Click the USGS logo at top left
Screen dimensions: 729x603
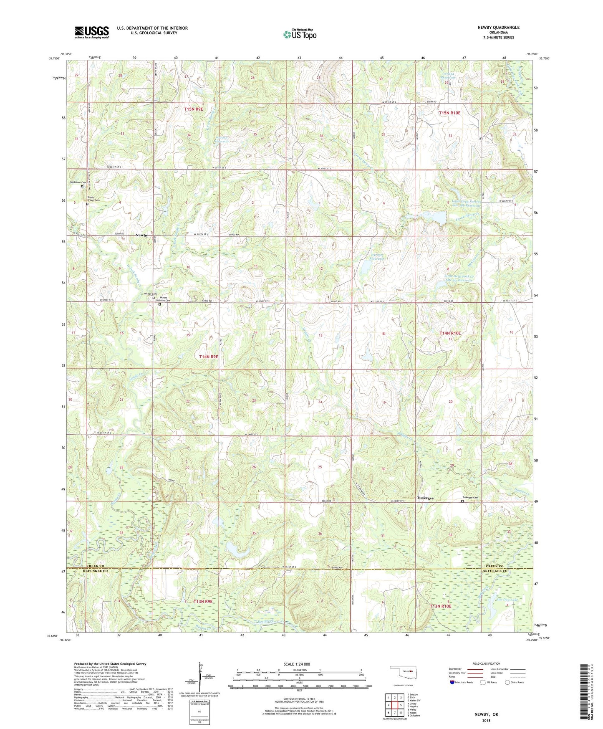click(x=92, y=32)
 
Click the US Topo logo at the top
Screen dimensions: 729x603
click(x=299, y=34)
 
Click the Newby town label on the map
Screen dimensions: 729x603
click(x=141, y=235)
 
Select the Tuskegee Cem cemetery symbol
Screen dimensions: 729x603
click(x=462, y=501)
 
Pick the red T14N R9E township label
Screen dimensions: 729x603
click(x=209, y=357)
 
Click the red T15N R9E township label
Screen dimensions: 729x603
click(x=194, y=109)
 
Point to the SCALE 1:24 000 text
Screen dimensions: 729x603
click(x=297, y=664)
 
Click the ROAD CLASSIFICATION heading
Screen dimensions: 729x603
click(x=487, y=663)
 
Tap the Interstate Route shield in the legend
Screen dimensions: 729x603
click(x=453, y=682)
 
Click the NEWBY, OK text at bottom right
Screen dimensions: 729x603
click(x=486, y=714)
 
